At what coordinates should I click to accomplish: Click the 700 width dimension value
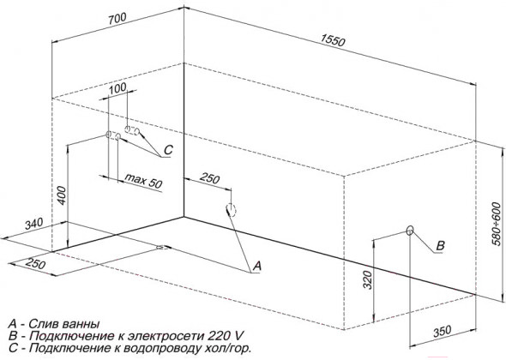(117, 19)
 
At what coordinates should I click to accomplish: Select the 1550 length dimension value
(333, 40)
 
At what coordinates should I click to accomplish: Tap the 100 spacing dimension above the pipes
(117, 87)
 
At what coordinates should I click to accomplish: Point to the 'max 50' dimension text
(143, 181)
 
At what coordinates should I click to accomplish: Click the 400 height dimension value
(63, 195)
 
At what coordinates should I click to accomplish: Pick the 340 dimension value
(34, 224)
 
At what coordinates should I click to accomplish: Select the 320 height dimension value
(368, 279)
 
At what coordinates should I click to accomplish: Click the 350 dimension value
(442, 331)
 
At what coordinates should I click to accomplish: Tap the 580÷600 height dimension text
(497, 224)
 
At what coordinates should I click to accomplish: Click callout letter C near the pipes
(168, 150)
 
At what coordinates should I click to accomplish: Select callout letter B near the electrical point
(440, 246)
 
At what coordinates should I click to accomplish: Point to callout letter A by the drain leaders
(257, 266)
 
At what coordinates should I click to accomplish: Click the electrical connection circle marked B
(410, 231)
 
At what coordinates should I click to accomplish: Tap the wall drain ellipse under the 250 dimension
(232, 210)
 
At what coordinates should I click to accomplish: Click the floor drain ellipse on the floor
(163, 248)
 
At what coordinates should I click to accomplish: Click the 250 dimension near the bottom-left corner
(35, 263)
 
